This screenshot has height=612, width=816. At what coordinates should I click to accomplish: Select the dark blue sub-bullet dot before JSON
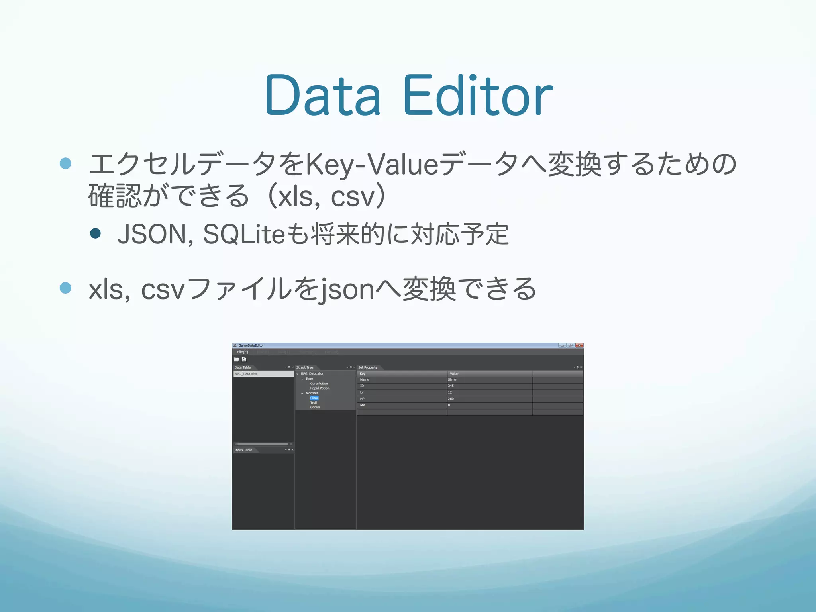(95, 233)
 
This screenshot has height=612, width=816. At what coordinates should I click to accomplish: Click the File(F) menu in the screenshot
(242, 352)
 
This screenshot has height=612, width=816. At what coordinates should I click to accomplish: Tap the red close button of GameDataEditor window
(579, 345)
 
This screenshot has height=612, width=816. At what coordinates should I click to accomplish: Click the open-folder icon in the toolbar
(236, 359)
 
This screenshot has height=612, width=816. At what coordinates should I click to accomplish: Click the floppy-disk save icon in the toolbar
(244, 359)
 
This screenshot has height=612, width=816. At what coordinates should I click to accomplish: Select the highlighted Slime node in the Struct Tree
(314, 398)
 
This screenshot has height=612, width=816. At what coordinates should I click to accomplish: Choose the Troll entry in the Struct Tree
(314, 403)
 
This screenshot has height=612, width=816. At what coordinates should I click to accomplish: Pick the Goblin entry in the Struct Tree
(315, 407)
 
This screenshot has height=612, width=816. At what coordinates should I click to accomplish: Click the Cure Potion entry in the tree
(319, 384)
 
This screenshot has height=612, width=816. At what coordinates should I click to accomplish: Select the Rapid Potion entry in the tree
(320, 388)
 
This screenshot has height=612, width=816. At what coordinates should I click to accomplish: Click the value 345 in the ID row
(451, 386)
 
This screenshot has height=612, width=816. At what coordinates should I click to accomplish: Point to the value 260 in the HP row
(451, 399)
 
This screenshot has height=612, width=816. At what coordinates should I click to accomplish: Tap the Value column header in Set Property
(454, 374)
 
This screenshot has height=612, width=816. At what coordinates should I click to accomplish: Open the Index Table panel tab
(243, 450)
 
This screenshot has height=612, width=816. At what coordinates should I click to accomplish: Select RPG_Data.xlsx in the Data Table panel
(246, 374)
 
